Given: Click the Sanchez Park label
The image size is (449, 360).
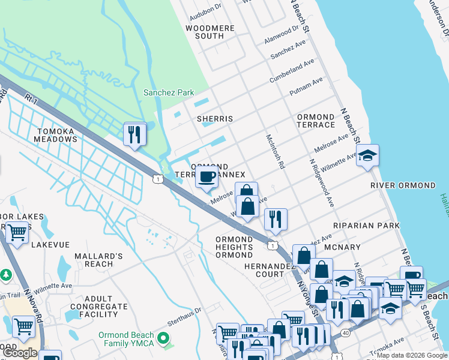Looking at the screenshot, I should [169, 92].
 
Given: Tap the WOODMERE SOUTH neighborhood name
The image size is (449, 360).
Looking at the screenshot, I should [205, 32].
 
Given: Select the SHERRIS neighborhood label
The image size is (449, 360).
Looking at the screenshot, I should [215, 119].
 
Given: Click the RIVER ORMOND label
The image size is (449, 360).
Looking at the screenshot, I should [403, 185].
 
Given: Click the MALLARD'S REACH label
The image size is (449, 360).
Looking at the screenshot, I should [98, 260].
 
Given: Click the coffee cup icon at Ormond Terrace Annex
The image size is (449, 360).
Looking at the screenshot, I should [207, 177].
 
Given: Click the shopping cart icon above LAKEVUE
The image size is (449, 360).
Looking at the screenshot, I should [17, 232].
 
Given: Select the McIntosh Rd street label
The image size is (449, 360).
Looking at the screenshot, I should [276, 151].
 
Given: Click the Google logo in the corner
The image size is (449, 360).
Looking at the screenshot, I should [20, 353].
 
